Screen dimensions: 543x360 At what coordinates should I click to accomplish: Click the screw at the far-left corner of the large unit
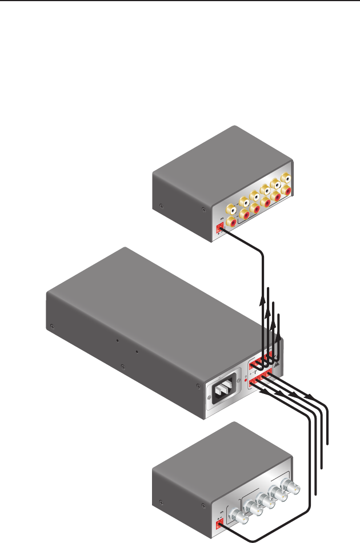coord(53,326)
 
